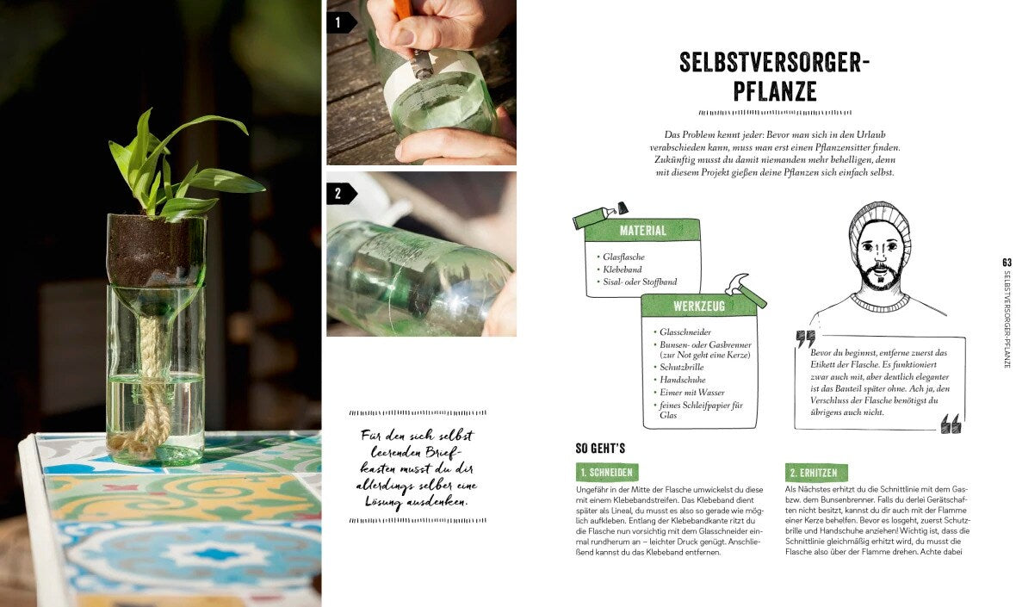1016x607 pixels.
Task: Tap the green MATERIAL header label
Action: (x=642, y=230)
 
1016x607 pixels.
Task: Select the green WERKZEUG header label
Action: (x=698, y=306)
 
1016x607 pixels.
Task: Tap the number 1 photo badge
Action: (x=338, y=22)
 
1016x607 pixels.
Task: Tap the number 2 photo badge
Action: (x=338, y=194)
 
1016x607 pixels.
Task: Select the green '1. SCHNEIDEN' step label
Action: (x=607, y=473)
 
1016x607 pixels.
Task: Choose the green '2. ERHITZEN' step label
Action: (x=816, y=473)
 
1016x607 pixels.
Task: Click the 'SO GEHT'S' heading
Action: (x=600, y=448)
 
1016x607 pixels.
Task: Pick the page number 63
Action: (x=1007, y=262)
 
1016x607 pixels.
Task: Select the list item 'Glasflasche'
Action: (x=623, y=257)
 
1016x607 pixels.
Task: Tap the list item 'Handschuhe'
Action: (x=683, y=380)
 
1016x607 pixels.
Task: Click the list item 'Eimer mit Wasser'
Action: (x=693, y=393)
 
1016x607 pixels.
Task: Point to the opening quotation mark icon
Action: (x=805, y=338)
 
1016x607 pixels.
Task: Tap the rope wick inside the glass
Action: (x=152, y=379)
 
